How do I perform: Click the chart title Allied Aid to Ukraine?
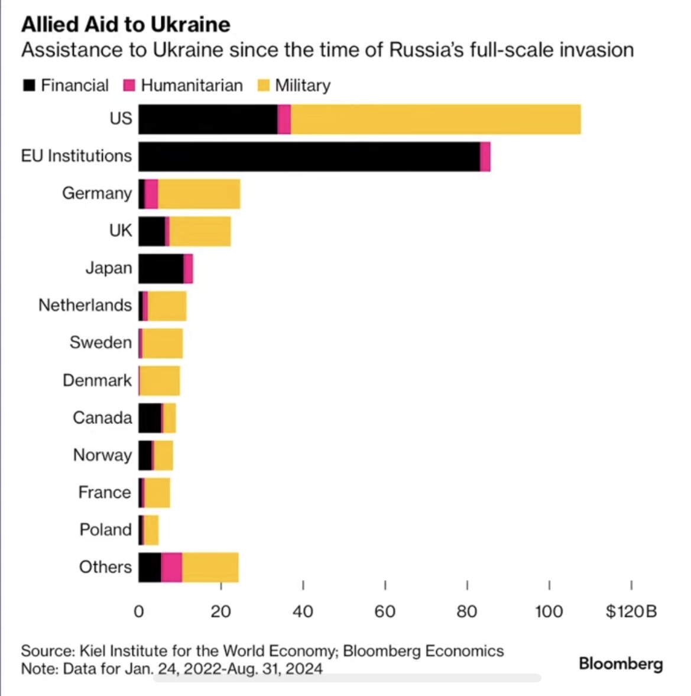click(x=125, y=24)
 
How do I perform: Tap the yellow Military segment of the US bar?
click(x=436, y=119)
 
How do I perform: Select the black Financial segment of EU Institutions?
click(x=309, y=157)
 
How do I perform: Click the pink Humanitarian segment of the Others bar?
click(x=171, y=568)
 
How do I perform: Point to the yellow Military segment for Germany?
click(x=199, y=194)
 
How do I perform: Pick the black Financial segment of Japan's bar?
click(x=161, y=268)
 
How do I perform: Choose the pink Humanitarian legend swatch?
click(x=129, y=86)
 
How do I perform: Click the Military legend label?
click(x=303, y=86)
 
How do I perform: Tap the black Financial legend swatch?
click(x=29, y=86)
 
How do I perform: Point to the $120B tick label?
click(x=631, y=611)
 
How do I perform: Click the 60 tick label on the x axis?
click(x=385, y=611)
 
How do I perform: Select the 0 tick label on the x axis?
click(x=139, y=611)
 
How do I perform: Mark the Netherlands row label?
click(x=85, y=305)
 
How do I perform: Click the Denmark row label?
click(x=97, y=380)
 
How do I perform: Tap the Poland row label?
click(x=105, y=530)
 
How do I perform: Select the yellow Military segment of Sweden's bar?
click(x=163, y=344)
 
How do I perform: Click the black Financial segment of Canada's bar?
click(x=150, y=418)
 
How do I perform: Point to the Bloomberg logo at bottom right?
click(x=621, y=663)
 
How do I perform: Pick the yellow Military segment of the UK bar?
click(x=200, y=231)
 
